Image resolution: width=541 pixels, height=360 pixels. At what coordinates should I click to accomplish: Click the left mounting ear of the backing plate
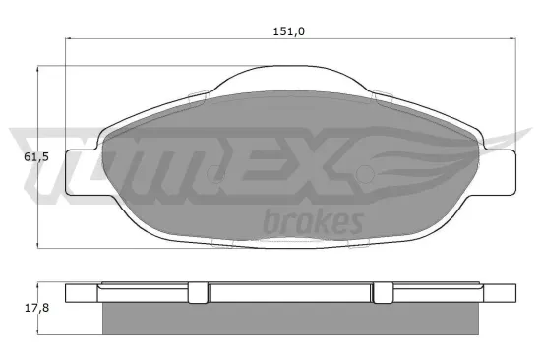79,168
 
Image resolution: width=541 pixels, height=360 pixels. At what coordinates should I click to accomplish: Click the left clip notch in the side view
198,292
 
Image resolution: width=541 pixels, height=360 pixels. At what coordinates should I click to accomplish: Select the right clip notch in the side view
384,292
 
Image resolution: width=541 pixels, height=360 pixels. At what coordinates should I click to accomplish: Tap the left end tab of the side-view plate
81,293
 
